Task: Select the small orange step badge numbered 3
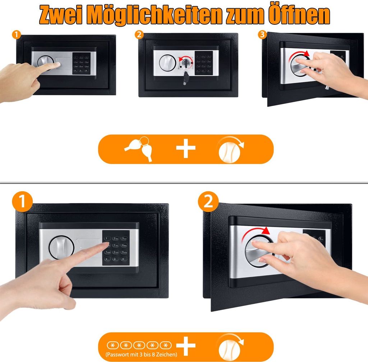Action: click(262, 35)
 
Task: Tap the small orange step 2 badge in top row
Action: click(139, 35)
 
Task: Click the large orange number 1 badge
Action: click(22, 202)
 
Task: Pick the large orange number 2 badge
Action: click(208, 202)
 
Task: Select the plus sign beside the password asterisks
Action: click(186, 346)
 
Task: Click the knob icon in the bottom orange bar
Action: click(230, 346)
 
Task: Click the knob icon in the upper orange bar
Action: click(230, 149)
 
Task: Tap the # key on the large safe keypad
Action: click(123, 258)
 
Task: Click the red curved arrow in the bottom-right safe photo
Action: click(256, 233)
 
